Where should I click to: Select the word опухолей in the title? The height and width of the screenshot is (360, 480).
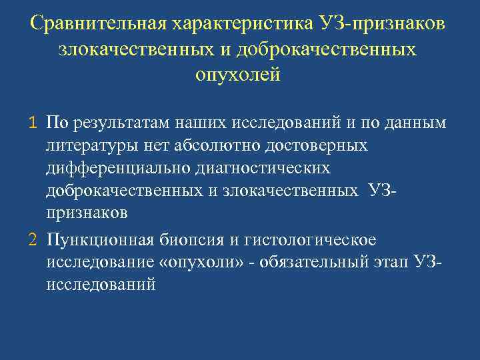click(x=238, y=74)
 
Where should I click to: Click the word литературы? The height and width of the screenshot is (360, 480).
click(x=88, y=145)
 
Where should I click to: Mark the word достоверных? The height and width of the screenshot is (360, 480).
click(x=312, y=145)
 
